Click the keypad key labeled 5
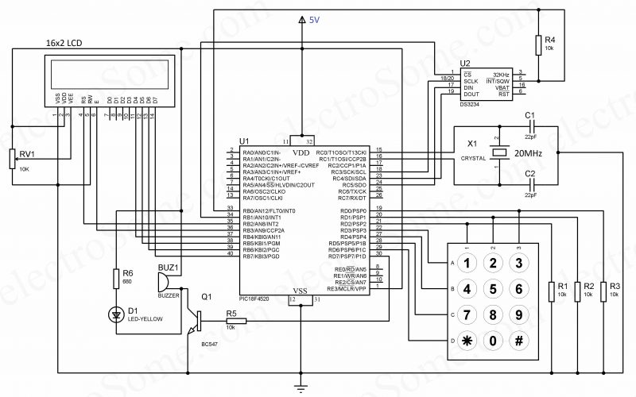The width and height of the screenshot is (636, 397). pyautogui.click(x=494, y=289)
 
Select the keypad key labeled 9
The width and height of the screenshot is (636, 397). pyautogui.click(x=519, y=315)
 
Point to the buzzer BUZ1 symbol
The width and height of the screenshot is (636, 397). pyautogui.click(x=165, y=281)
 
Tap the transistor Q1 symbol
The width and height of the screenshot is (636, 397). pyautogui.click(x=196, y=320)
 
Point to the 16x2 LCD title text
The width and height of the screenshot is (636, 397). pyautogui.click(x=65, y=41)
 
